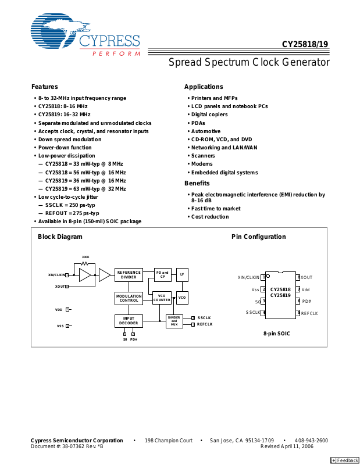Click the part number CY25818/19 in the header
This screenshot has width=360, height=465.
click(305, 44)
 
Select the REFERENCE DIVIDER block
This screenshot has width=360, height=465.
click(129, 275)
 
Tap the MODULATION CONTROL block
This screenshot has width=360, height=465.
click(129, 298)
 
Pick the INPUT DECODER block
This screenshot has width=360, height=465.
click(129, 321)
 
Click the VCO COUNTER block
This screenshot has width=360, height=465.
click(162, 298)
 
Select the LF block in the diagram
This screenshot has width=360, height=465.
click(182, 274)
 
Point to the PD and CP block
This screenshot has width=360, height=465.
click(162, 274)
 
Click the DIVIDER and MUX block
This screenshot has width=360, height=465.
click(174, 320)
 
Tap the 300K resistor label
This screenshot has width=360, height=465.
click(85, 256)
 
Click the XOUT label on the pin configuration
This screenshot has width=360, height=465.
click(306, 278)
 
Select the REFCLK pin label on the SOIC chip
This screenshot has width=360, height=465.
click(309, 313)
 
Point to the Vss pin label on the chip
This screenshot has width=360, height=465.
click(255, 289)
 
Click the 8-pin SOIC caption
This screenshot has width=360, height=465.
click(276, 334)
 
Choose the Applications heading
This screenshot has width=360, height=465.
click(204, 87)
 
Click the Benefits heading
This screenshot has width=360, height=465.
click(197, 184)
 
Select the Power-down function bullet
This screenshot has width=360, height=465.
click(65, 148)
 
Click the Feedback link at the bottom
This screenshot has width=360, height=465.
click(345, 460)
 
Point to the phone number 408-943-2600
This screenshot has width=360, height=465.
click(311, 441)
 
